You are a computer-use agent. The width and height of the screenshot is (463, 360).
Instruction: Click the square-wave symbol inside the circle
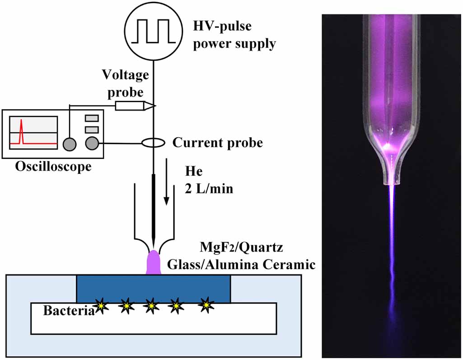[154, 31]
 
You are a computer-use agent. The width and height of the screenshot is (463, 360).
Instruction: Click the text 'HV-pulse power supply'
[234, 35]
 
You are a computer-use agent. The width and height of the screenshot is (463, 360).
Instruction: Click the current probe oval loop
[154, 143]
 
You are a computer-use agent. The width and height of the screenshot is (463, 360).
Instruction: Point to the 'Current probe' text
[218, 143]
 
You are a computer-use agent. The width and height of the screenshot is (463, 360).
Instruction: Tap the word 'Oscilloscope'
[53, 166]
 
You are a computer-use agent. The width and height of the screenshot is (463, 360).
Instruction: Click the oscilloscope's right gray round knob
[92, 144]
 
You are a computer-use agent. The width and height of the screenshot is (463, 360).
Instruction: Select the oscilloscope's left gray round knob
[70, 144]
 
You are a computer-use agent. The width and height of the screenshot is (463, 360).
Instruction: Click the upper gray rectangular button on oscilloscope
[92, 118]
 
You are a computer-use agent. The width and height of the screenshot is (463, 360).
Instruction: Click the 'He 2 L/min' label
[209, 180]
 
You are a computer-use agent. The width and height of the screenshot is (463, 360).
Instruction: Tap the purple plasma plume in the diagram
[154, 262]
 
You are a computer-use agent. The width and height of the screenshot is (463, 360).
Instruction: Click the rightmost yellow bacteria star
[206, 304]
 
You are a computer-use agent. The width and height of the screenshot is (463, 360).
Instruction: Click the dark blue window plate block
[154, 288]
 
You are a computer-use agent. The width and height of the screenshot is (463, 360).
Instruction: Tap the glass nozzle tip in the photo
[392, 181]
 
